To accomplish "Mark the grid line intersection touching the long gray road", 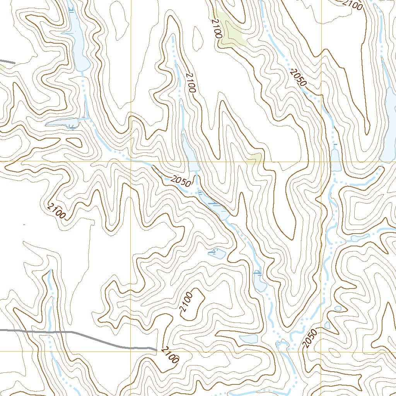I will pyautogui.click(x=131, y=348).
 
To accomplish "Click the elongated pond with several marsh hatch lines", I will pyautogui.click(x=215, y=207).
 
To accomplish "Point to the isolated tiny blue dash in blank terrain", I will pyautogui.click(x=24, y=224).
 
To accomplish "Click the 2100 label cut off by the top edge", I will pyautogui.click(x=354, y=5).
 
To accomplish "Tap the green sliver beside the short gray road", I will pyautogui.click(x=2, y=67).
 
